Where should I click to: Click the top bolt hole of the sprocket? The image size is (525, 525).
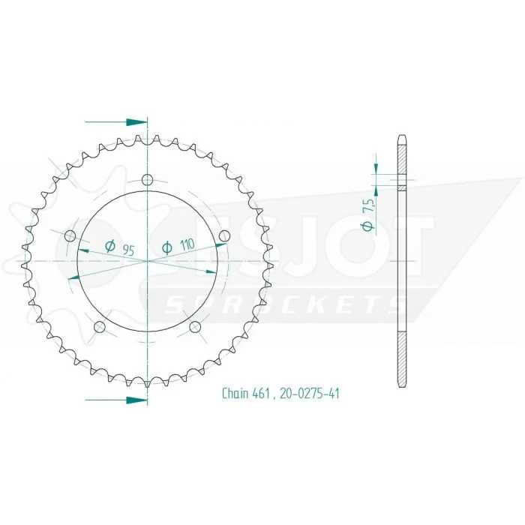point(147,180)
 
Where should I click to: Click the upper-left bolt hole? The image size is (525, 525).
point(70,236)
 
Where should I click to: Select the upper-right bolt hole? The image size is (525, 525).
point(225,236)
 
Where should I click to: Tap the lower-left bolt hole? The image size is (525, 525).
point(100,327)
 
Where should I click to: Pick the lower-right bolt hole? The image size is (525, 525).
point(195,327)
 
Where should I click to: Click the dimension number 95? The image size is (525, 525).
point(128,250)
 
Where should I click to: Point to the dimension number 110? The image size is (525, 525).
point(187,245)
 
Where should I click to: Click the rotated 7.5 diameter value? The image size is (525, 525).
point(369,205)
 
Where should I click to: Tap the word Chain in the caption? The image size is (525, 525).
point(234,394)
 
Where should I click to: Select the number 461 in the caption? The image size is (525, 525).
point(263,394)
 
